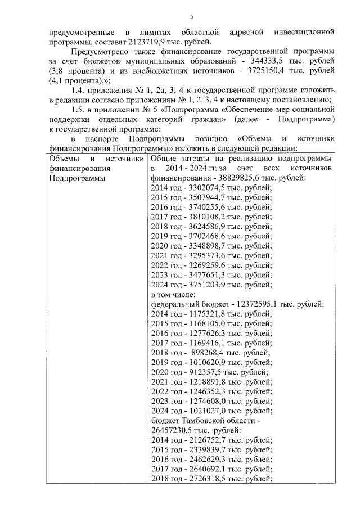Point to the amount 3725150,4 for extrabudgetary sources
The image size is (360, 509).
(263, 71)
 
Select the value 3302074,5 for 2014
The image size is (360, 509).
(207, 188)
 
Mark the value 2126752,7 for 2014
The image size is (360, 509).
(207, 445)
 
